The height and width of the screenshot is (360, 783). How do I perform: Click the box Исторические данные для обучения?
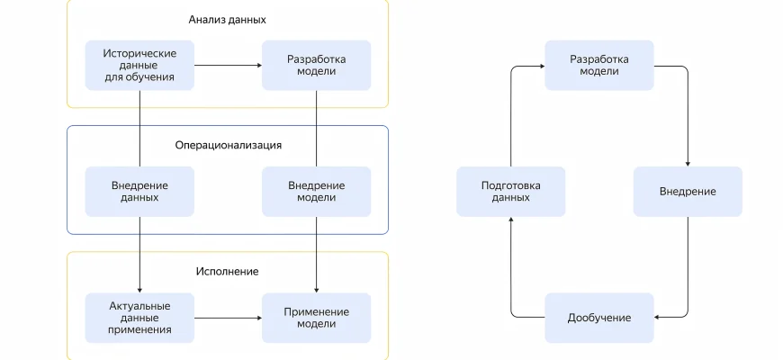point(139,65)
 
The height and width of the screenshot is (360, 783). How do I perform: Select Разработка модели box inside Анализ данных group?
point(316,65)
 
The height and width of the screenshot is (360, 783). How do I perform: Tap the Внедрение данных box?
point(139,191)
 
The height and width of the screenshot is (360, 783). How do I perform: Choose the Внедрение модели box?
point(316,191)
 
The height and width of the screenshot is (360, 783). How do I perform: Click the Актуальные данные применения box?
point(139,318)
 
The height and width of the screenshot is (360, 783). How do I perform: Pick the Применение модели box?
point(316,318)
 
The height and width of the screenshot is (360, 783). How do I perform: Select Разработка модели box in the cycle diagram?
point(598,65)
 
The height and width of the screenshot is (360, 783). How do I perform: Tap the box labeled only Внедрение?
point(688,191)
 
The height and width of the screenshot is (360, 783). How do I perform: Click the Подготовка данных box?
point(510,191)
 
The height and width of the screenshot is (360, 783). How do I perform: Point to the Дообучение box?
point(598,318)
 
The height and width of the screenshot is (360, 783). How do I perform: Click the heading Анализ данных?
point(228,19)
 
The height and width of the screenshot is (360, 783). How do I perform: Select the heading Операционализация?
point(228,144)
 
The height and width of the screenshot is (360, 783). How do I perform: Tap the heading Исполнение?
point(228,271)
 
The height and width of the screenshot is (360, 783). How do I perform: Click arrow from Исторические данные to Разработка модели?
point(228,65)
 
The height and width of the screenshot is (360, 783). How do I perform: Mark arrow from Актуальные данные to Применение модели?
point(228,318)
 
